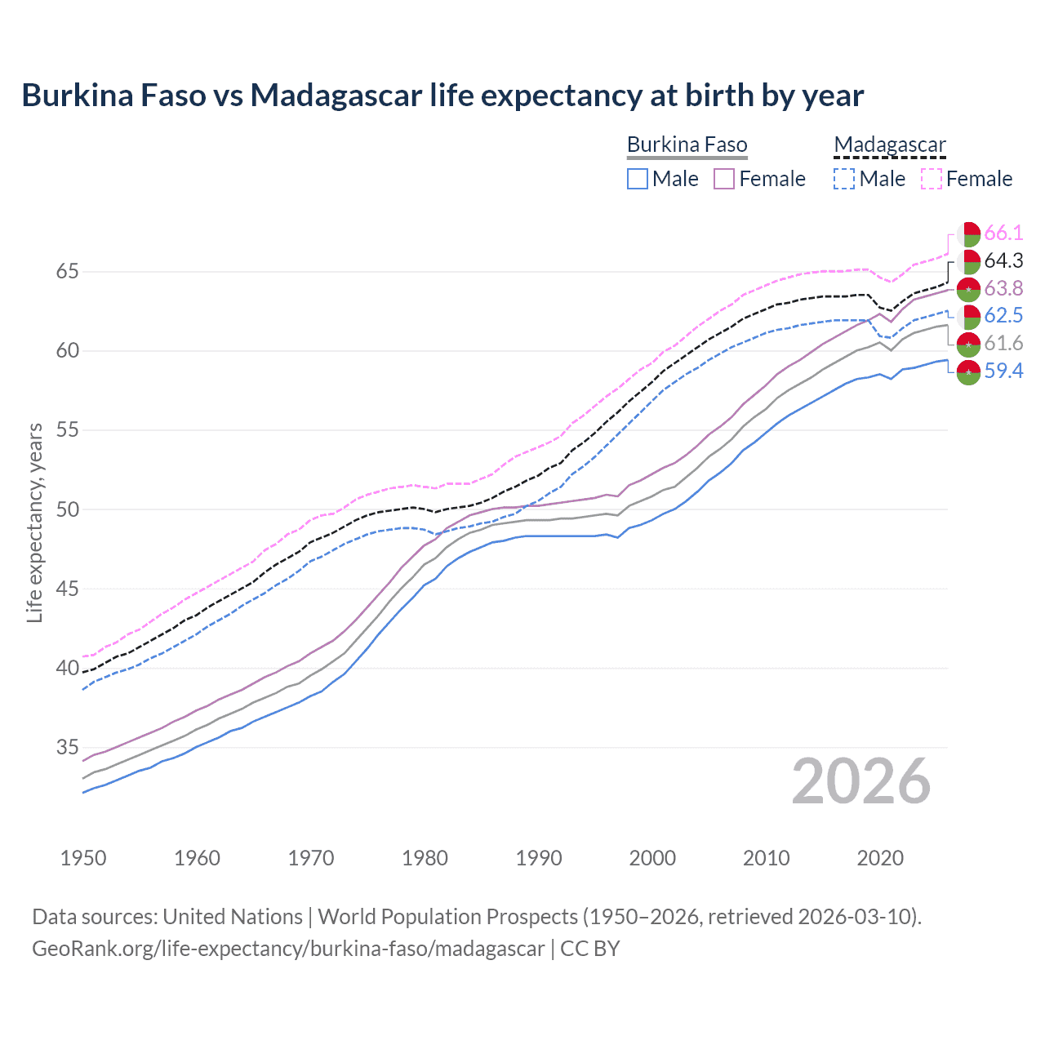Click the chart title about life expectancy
click(442, 96)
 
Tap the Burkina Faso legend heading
click(687, 145)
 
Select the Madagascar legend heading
click(889, 145)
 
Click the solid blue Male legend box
click(638, 179)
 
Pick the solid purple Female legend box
click(724, 179)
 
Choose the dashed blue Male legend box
click(844, 179)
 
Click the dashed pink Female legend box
click(932, 179)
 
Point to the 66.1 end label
click(1003, 233)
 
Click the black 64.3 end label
click(1003, 261)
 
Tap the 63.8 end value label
click(1003, 289)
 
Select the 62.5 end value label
click(1003, 316)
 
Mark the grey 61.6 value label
click(1003, 344)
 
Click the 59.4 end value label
click(1003, 371)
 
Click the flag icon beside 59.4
click(968, 371)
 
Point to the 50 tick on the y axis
click(67, 509)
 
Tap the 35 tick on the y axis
click(67, 747)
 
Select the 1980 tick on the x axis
click(425, 858)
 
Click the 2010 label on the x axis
click(766, 858)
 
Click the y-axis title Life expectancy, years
click(35, 522)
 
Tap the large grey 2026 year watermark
click(861, 782)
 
